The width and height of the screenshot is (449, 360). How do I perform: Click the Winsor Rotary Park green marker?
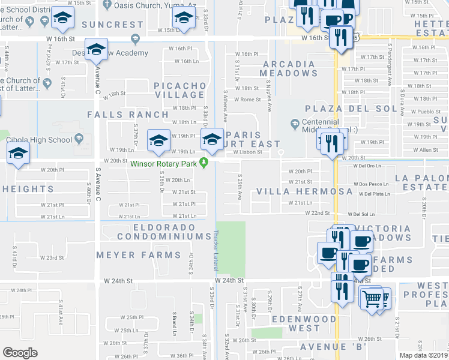pyautogui.click(x=204, y=161)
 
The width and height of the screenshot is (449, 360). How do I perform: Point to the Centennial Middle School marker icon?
pyautogui.click(x=294, y=125)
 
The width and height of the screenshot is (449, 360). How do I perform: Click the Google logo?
pyautogui.click(x=20, y=353)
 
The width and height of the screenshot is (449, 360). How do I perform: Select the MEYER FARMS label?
pyautogui.click(x=139, y=255)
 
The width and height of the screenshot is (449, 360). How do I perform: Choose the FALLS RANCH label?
pyautogui.click(x=128, y=114)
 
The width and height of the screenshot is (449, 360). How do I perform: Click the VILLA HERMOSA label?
pyautogui.click(x=304, y=191)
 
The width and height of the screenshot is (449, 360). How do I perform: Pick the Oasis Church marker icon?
pyautogui.click(x=107, y=4)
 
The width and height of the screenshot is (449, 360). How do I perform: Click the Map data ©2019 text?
pyautogui.click(x=423, y=355)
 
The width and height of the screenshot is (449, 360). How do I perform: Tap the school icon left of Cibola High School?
pyautogui.click(x=18, y=152)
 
